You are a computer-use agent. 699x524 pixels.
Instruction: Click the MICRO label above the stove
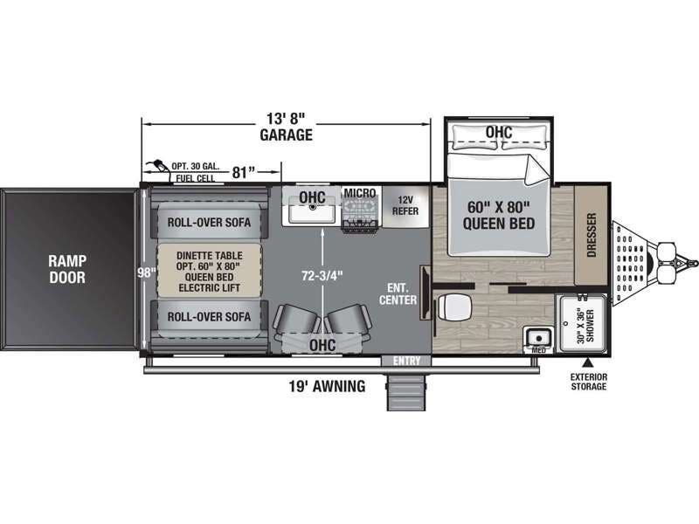click(x=358, y=192)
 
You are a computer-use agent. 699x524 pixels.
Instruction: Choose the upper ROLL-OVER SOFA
click(x=209, y=222)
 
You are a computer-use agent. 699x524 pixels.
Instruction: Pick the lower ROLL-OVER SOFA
click(x=209, y=316)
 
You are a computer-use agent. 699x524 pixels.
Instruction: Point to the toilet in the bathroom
click(x=455, y=307)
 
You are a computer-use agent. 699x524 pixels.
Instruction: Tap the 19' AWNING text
click(x=325, y=386)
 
